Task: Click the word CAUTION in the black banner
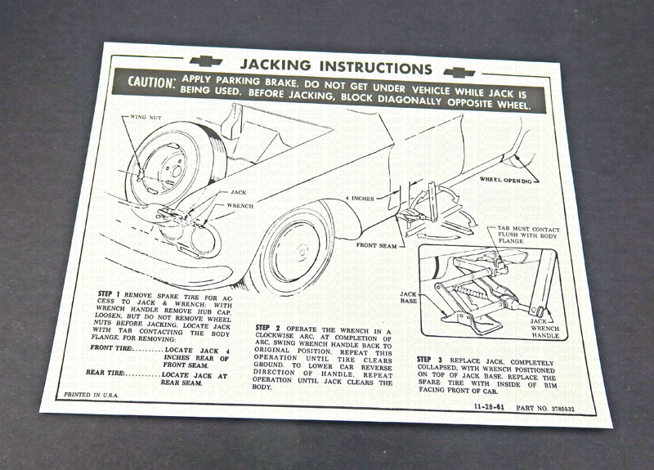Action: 153,82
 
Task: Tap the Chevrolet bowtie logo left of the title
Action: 205,60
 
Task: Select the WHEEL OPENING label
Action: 504,179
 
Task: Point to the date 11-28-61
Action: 490,406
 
